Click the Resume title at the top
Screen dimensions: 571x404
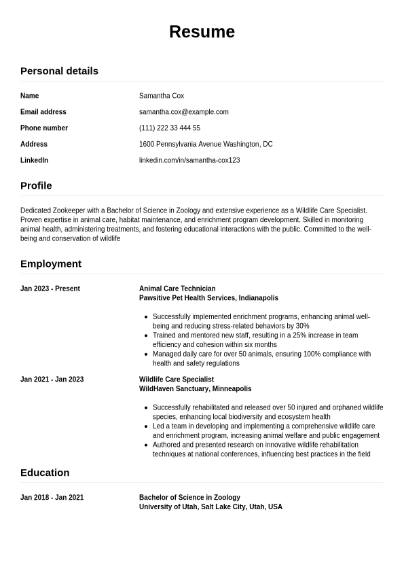[x=202, y=32]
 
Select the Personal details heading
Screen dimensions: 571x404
[x=59, y=71]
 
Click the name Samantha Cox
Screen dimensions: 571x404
[x=162, y=96]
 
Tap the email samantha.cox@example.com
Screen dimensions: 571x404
[x=184, y=112]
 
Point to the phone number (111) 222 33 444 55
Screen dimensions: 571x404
[x=170, y=128]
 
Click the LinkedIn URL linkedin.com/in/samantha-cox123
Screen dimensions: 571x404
[x=189, y=160]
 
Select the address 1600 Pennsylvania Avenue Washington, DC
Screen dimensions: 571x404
[x=206, y=144]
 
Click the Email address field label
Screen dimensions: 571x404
[x=43, y=112]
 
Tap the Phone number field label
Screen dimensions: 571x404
[x=44, y=128]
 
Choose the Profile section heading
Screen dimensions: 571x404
[x=36, y=185]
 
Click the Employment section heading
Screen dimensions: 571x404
[x=51, y=263]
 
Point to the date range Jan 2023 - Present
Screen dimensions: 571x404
[x=50, y=289]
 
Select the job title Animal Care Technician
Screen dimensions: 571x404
[x=177, y=289]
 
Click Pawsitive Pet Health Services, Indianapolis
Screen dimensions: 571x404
[x=208, y=298]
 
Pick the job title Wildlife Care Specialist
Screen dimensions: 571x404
[x=177, y=380]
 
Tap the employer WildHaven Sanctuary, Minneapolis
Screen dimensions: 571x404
[x=195, y=389]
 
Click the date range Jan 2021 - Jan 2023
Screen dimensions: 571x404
[x=52, y=380]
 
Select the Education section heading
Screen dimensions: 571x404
[x=45, y=473]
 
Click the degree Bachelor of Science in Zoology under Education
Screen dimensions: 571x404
[x=189, y=498]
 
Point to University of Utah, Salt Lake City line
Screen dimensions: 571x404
[x=210, y=507]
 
